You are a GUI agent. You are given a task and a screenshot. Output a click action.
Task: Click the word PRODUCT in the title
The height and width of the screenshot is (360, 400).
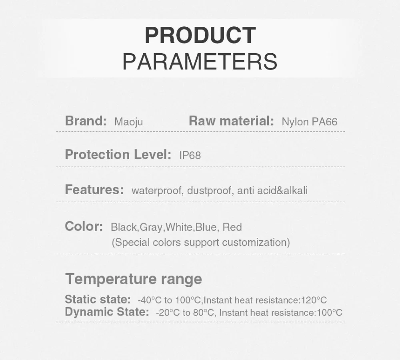tap(200, 35)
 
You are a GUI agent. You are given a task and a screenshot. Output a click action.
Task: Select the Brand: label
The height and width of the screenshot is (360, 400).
tap(86, 121)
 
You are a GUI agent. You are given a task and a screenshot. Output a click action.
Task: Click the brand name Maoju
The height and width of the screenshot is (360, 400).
tap(128, 122)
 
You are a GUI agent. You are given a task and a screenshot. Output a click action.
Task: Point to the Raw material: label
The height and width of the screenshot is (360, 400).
tap(231, 121)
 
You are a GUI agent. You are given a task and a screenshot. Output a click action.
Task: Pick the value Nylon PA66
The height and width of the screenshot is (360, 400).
tap(310, 122)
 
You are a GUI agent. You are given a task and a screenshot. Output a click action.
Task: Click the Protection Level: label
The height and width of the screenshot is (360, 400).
tap(118, 155)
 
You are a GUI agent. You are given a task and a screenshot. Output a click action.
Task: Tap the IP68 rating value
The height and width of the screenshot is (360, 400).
tap(190, 155)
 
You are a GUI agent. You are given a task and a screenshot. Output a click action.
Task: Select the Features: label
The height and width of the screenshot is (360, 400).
tap(94, 190)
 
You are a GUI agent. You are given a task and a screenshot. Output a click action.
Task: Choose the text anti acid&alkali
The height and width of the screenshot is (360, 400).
tap(272, 191)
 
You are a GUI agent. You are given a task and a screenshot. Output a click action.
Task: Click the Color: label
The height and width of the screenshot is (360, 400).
tap(84, 226)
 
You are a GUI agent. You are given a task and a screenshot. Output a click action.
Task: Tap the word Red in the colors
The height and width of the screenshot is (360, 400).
tap(232, 227)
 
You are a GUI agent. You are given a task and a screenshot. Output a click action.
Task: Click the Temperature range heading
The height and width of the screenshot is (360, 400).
tap(134, 279)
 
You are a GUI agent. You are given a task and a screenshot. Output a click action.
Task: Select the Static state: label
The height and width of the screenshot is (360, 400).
tap(98, 299)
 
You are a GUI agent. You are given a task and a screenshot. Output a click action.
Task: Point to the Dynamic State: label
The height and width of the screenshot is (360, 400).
tap(107, 312)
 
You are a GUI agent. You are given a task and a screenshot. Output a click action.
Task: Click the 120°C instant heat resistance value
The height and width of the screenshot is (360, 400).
tap(314, 300)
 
